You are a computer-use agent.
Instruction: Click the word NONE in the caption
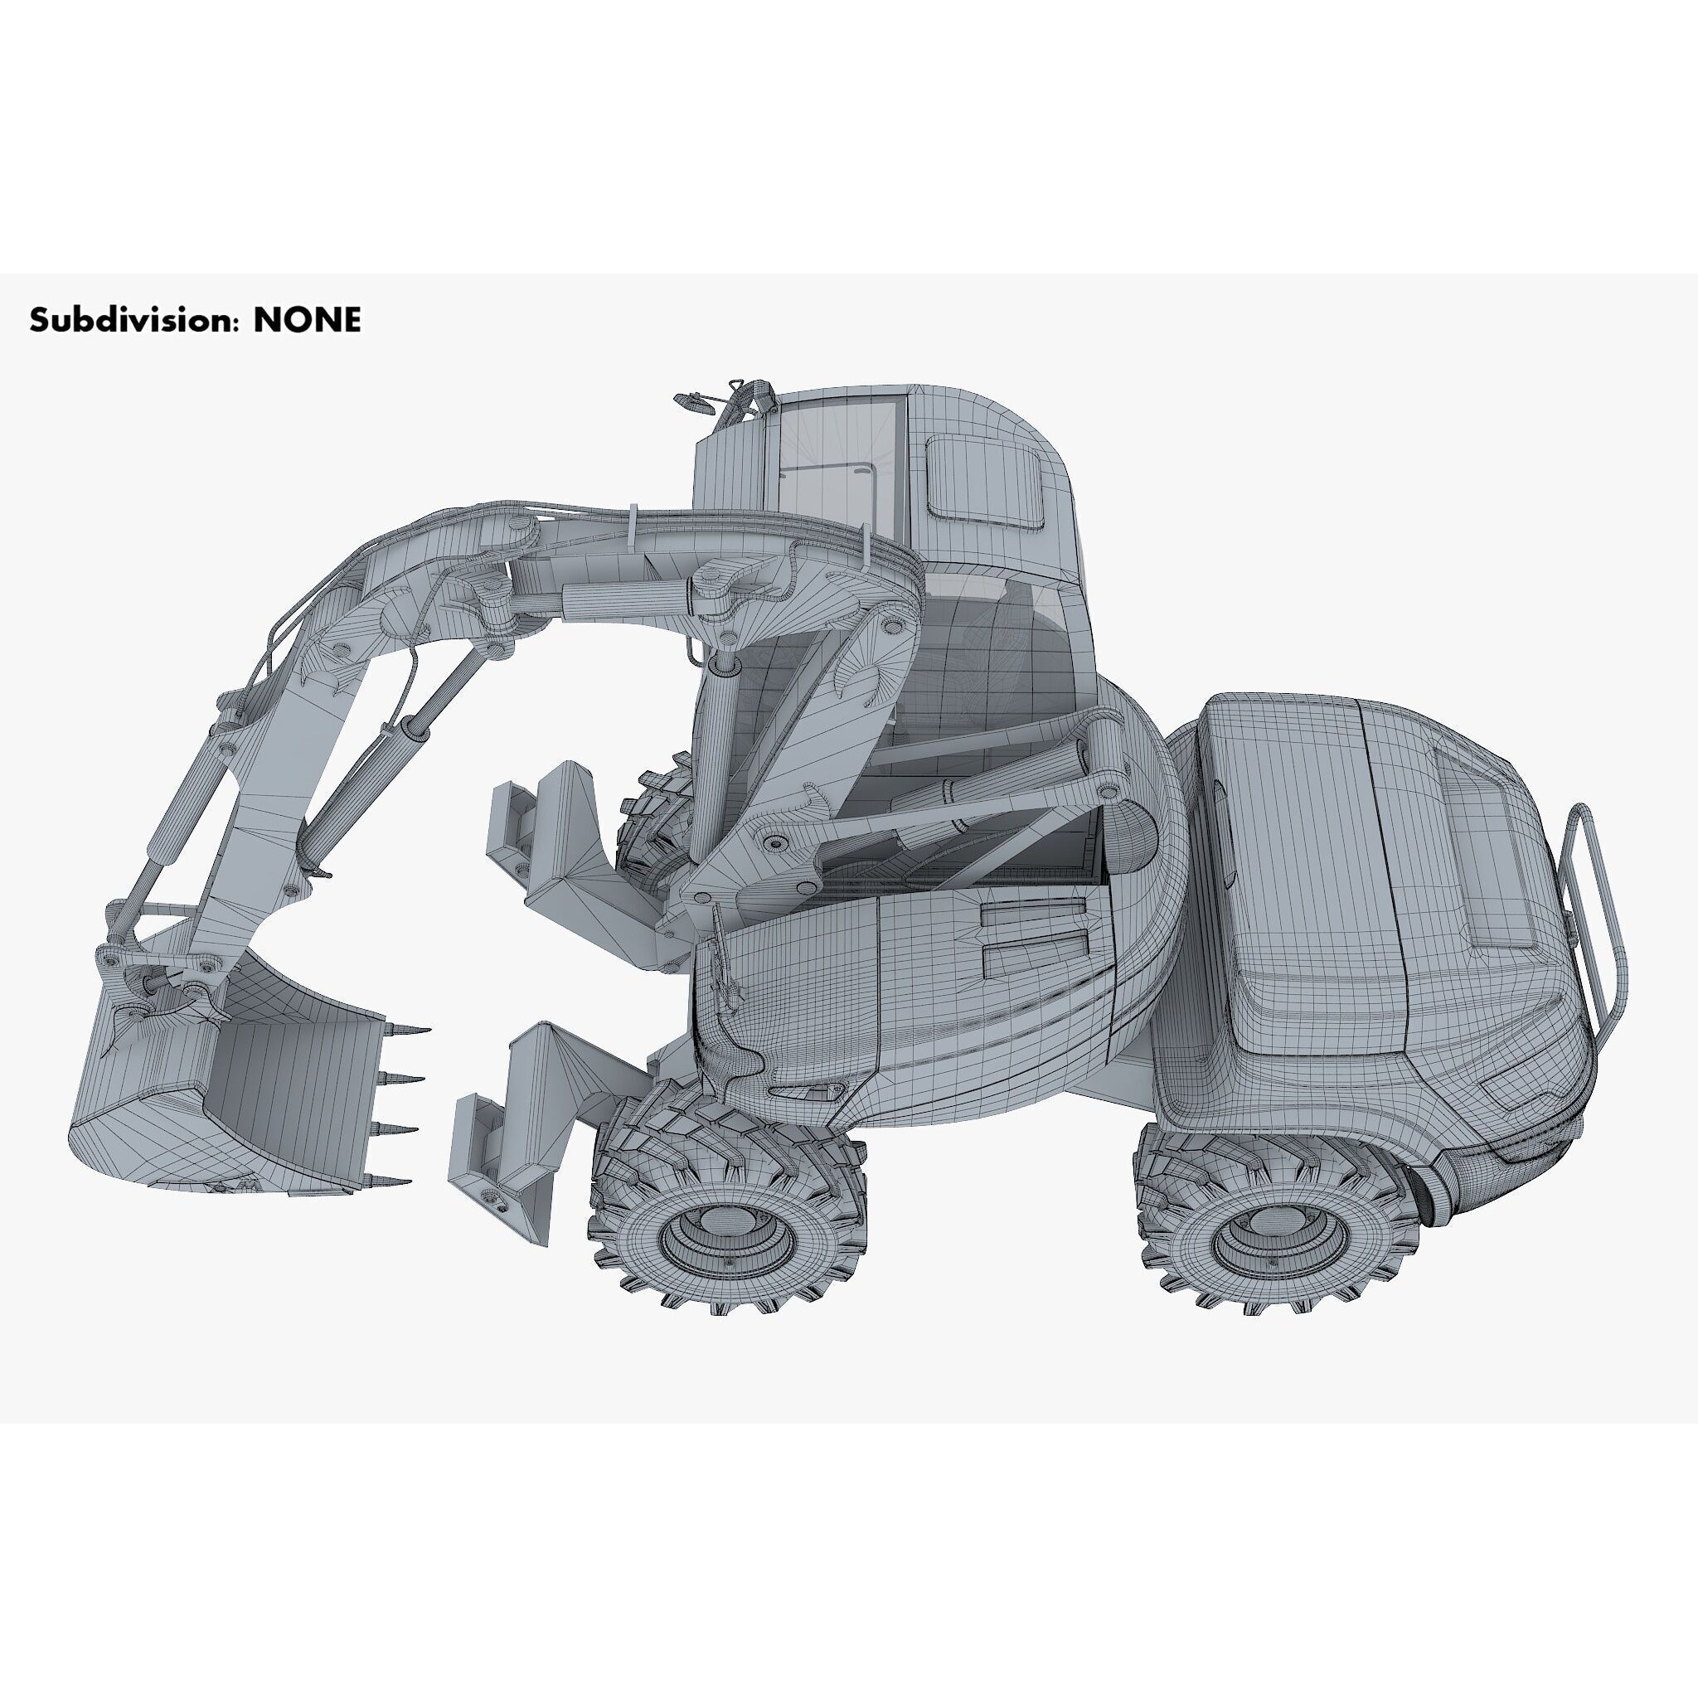[307, 320]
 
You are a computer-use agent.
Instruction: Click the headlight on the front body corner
[807, 1093]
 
